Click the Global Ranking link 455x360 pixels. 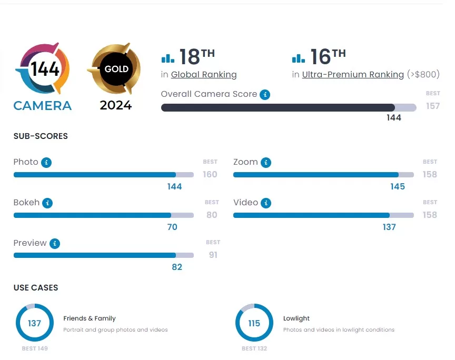(204, 75)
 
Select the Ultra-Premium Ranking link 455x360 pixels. (353, 75)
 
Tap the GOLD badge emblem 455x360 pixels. (116, 69)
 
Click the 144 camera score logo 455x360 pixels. (43, 69)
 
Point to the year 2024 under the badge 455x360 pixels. (116, 105)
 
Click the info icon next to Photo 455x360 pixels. (46, 162)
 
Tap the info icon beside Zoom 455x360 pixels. (266, 162)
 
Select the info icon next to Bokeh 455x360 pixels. (47, 203)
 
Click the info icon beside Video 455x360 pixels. (266, 203)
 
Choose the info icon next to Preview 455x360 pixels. (55, 243)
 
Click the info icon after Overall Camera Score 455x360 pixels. (265, 95)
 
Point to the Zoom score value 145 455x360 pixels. (398, 186)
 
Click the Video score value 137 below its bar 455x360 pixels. (389, 227)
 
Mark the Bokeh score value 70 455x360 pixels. (172, 227)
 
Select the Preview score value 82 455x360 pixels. (177, 267)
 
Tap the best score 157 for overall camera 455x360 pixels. (433, 106)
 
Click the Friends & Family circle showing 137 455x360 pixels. (35, 323)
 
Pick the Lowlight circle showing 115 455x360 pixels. (254, 323)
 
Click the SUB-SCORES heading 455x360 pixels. (41, 136)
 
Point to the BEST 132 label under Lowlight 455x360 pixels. (254, 348)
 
